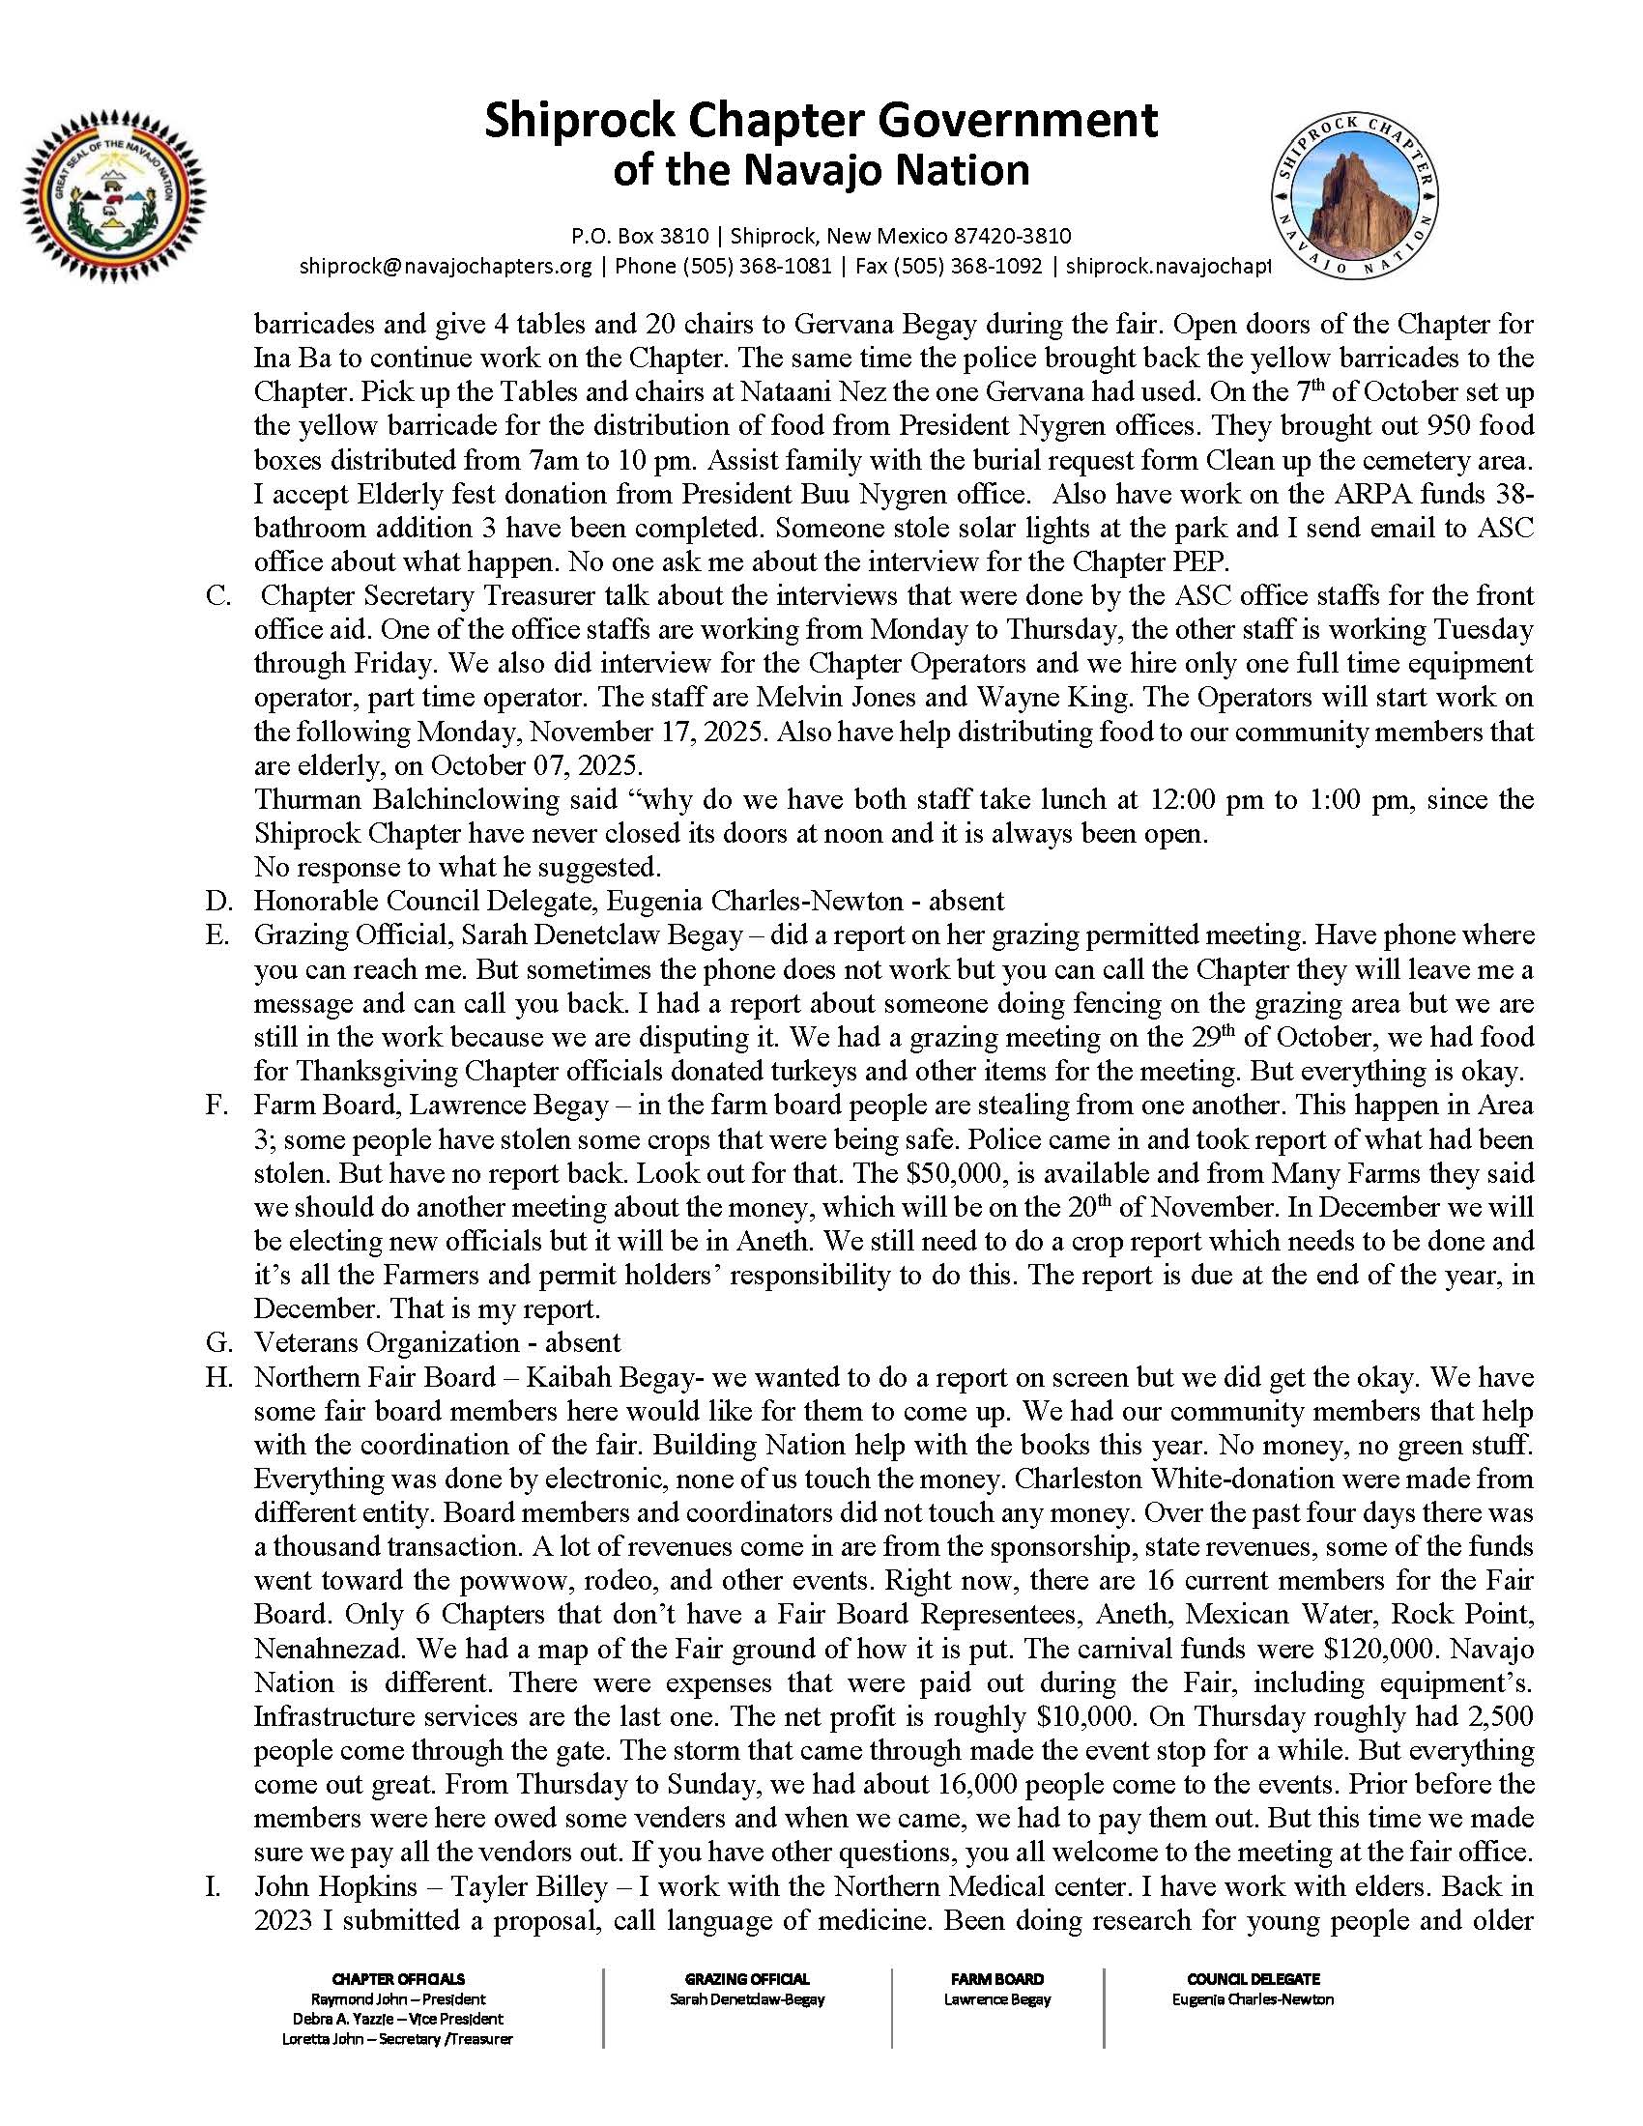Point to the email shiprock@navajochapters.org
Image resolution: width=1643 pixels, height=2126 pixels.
446,266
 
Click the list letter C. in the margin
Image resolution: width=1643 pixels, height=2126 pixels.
218,595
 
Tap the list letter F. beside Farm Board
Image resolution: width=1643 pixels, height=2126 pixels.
217,1106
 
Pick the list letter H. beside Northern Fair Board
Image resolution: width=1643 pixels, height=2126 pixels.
218,1377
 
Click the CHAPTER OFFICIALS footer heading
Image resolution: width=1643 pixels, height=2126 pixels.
398,1979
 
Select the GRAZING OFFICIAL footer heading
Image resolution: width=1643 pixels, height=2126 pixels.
746,1979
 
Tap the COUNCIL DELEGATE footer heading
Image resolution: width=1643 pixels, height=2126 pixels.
1253,1979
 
